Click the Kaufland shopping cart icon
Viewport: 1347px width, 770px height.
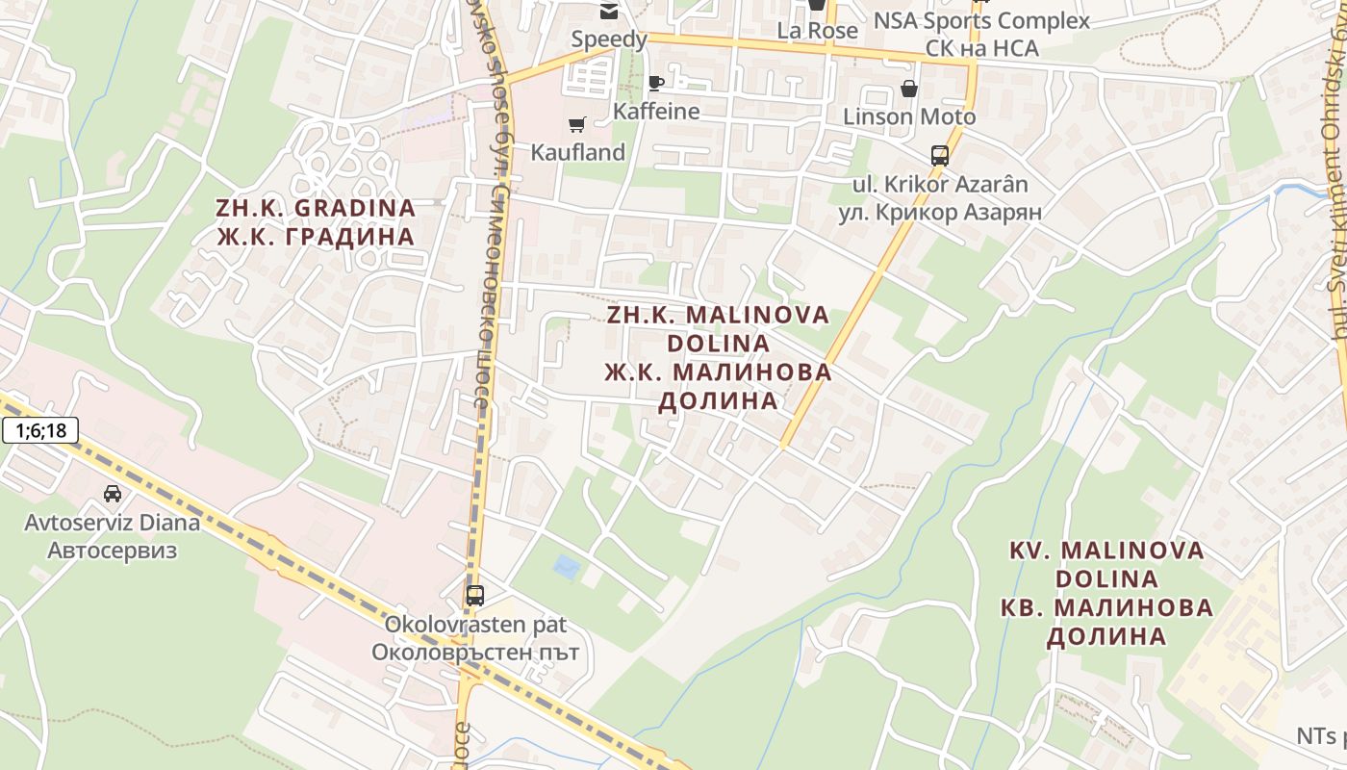[x=576, y=124]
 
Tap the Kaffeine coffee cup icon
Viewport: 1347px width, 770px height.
[x=656, y=83]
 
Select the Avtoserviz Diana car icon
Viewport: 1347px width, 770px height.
[x=113, y=494]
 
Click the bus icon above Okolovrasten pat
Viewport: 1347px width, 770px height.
[x=475, y=595]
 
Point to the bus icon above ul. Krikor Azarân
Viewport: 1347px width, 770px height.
[x=939, y=156]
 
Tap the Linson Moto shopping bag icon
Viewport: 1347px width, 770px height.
[x=908, y=90]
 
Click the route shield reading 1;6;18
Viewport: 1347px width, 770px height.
[x=40, y=430]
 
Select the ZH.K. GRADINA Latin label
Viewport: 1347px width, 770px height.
[x=316, y=208]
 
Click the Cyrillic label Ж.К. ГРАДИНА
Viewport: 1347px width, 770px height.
[x=316, y=237]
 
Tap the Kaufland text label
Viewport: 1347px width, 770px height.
[x=577, y=152]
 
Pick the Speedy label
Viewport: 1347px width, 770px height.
[x=609, y=39]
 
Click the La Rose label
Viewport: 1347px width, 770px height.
[x=817, y=31]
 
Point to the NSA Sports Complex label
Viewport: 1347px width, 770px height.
[x=981, y=20]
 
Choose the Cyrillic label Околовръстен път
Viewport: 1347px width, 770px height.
[x=475, y=652]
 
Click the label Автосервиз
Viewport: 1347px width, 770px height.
[x=113, y=551]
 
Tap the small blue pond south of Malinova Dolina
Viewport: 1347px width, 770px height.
[x=567, y=567]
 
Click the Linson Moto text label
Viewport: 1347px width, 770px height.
[x=909, y=117]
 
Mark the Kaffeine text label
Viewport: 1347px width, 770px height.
[x=656, y=111]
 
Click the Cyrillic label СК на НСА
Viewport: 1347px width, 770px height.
[x=981, y=47]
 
